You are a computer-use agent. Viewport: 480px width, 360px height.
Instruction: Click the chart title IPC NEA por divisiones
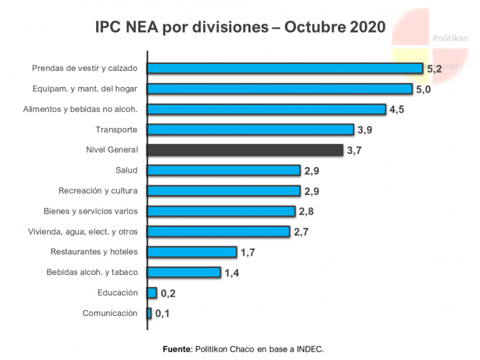click(240, 27)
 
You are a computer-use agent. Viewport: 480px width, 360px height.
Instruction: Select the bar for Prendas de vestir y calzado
click(285, 68)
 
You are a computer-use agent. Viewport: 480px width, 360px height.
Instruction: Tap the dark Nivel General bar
click(244, 150)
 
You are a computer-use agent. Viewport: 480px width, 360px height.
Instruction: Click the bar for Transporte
click(250, 130)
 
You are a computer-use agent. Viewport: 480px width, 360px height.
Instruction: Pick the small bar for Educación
click(152, 293)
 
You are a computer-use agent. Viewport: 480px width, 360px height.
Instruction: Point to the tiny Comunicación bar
click(149, 313)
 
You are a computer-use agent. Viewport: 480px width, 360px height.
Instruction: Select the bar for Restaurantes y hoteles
click(192, 252)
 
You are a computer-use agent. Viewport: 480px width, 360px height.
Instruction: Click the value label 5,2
click(434, 69)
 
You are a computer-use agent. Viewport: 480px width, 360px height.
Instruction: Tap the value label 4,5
click(397, 110)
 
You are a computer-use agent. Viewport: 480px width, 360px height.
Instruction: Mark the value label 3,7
click(354, 151)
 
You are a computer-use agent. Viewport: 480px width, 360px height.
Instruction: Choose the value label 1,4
click(231, 273)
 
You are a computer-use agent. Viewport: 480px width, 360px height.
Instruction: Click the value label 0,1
click(163, 314)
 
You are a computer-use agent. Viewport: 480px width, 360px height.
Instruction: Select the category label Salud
click(127, 170)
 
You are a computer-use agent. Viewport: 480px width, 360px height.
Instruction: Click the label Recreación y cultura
click(98, 191)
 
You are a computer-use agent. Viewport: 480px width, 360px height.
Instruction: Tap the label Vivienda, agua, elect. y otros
click(83, 231)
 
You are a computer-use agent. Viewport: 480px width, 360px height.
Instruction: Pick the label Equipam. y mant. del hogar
click(85, 89)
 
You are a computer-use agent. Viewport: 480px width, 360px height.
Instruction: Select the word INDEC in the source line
click(310, 349)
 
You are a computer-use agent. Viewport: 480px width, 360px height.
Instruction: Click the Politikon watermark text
click(451, 38)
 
